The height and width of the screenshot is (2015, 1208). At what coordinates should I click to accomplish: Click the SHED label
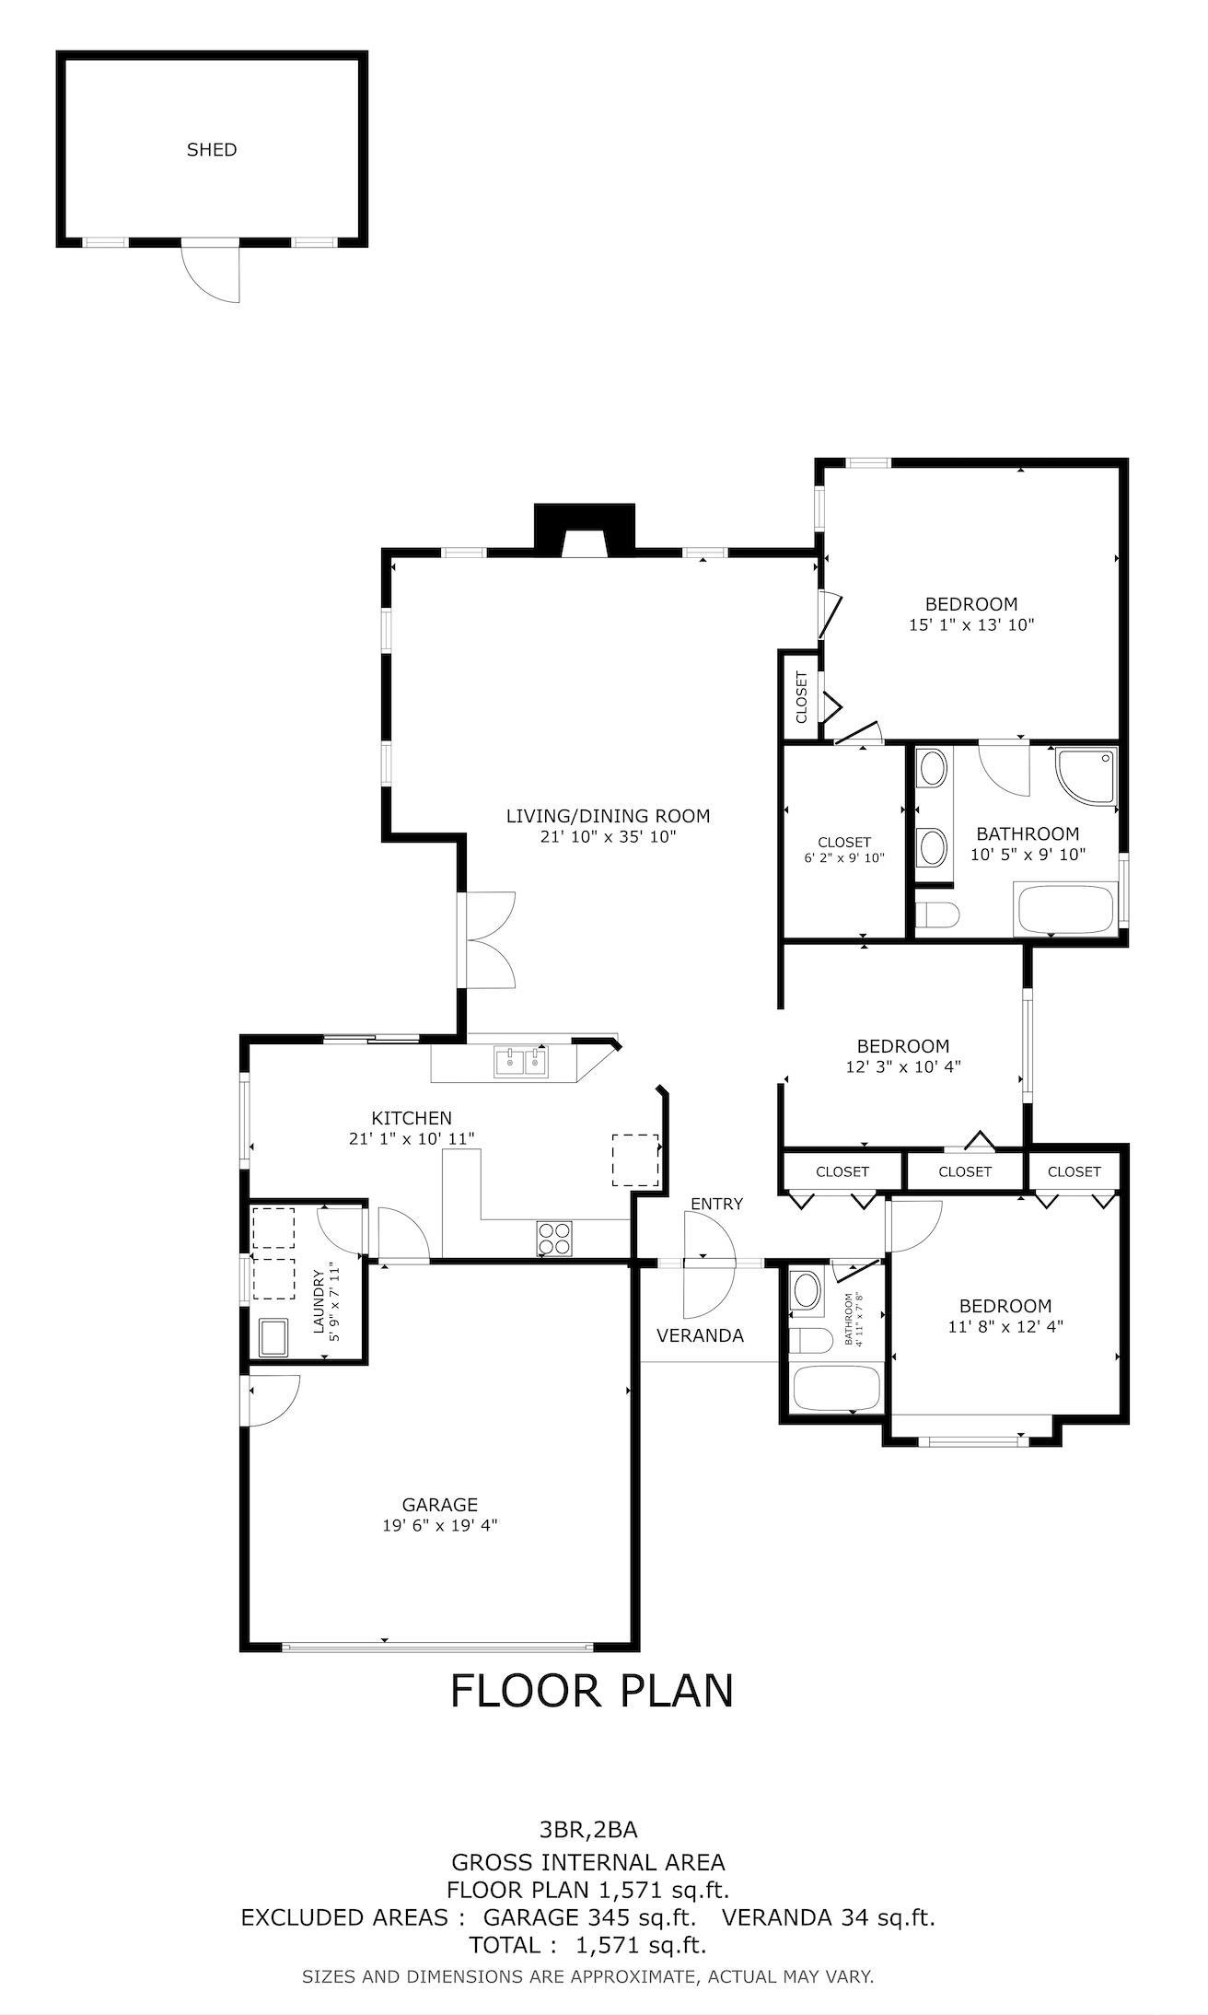[212, 149]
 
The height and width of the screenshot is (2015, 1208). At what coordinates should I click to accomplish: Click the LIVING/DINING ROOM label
[609, 815]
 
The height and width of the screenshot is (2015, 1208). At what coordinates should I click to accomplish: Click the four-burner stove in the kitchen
[554, 1238]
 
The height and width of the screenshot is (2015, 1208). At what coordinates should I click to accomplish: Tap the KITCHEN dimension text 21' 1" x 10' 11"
[412, 1139]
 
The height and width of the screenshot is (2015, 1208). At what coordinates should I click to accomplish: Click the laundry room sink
[273, 1337]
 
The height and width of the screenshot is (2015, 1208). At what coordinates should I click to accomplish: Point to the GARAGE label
[440, 1504]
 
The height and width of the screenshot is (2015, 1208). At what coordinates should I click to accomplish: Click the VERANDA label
[700, 1335]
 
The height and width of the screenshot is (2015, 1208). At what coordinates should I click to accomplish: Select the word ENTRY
[716, 1204]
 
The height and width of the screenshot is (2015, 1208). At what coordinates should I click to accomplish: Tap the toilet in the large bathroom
[938, 915]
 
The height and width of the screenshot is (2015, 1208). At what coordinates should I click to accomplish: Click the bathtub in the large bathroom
[1066, 910]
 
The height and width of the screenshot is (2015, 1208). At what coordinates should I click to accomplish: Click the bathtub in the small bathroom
[837, 1388]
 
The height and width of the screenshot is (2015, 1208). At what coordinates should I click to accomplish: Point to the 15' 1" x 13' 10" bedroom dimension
[971, 624]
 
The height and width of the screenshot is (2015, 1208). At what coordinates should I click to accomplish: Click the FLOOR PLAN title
[592, 1690]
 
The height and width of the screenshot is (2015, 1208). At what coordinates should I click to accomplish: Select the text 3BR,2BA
[588, 1829]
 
